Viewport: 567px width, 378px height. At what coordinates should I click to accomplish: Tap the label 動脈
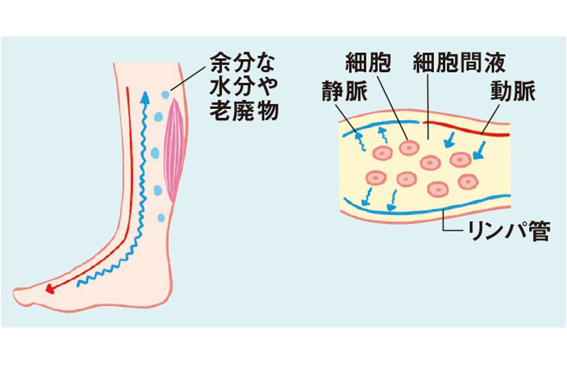[x=513, y=92]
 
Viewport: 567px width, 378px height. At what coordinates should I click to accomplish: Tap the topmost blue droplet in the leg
[x=165, y=94]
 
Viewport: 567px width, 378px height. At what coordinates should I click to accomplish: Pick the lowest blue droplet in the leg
[x=161, y=218]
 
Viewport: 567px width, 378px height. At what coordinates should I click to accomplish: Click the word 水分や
[x=241, y=87]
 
